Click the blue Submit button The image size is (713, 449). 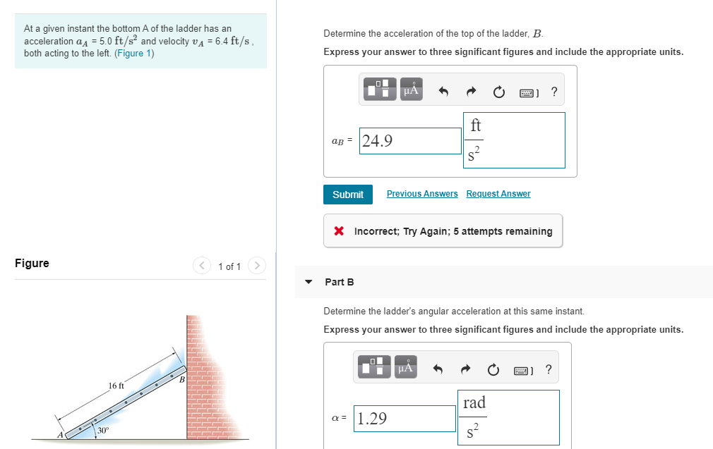pyautogui.click(x=347, y=195)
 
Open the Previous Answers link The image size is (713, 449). pyautogui.click(x=422, y=194)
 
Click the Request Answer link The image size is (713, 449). pyautogui.click(x=498, y=194)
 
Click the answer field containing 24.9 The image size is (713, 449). pyautogui.click(x=409, y=141)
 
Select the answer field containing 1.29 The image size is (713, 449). pyautogui.click(x=405, y=419)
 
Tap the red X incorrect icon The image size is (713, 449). pyautogui.click(x=339, y=231)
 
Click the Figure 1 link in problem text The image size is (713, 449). pyautogui.click(x=134, y=54)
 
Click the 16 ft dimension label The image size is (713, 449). pyautogui.click(x=116, y=386)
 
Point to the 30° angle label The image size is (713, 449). pyautogui.click(x=103, y=430)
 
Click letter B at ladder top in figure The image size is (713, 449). pyautogui.click(x=181, y=380)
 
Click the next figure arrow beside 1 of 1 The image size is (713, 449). pyautogui.click(x=258, y=266)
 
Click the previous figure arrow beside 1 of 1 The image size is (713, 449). pyautogui.click(x=203, y=266)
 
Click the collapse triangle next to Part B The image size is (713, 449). pyautogui.click(x=308, y=282)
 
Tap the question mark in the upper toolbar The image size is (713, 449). pyautogui.click(x=553, y=92)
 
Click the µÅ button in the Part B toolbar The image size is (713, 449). pyautogui.click(x=405, y=369)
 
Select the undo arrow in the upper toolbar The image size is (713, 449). pyautogui.click(x=443, y=92)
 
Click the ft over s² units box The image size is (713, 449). pyautogui.click(x=513, y=140)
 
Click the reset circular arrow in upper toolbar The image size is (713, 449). pyautogui.click(x=498, y=92)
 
